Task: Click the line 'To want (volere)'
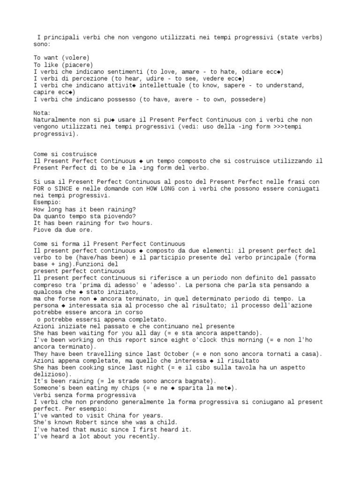click(x=61, y=58)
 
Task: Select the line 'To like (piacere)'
click(x=63, y=65)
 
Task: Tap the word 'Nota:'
click(x=42, y=113)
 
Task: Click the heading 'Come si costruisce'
click(x=65, y=154)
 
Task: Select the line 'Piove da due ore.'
click(x=63, y=230)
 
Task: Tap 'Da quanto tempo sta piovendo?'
click(x=84, y=216)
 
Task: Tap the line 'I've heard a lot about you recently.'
click(x=97, y=436)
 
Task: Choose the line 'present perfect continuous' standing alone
click(x=79, y=271)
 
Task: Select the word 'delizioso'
click(x=51, y=374)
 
